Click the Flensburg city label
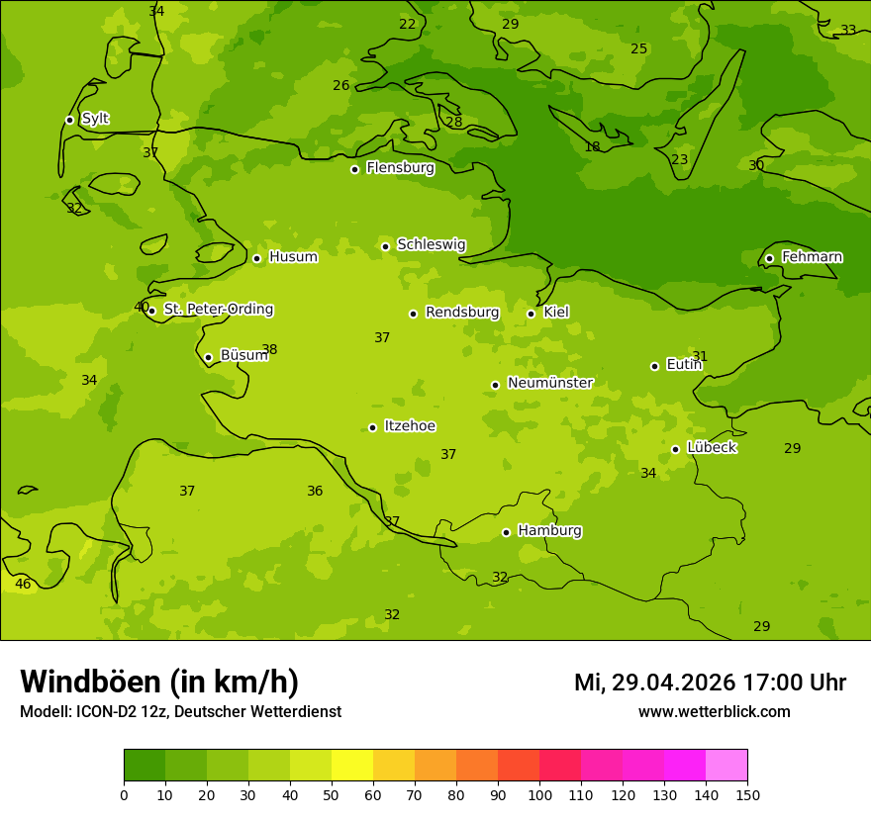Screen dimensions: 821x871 coord(400,168)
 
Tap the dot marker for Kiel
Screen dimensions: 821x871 coord(531,314)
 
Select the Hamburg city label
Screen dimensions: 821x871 coord(549,531)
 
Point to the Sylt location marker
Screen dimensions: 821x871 coord(69,120)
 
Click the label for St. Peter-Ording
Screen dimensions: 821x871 coord(218,310)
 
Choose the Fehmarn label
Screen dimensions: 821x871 coord(812,257)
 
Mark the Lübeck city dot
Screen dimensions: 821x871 coord(675,449)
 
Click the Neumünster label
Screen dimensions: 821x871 coord(549,383)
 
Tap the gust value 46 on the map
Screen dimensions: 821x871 coord(23,585)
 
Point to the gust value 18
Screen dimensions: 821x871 coord(592,147)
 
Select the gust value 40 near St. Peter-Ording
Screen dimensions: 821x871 coord(141,308)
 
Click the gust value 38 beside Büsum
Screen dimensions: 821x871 coord(269,350)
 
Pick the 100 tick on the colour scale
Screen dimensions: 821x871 coord(539,794)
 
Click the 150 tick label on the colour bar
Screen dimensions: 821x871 coord(747,794)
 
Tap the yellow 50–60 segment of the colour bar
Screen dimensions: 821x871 coord(351,766)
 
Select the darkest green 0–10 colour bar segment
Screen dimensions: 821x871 coord(145,766)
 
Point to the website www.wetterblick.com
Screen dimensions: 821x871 coord(714,711)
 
